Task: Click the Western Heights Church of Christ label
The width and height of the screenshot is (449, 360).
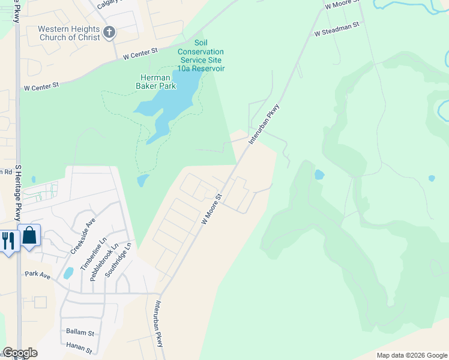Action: [70, 33]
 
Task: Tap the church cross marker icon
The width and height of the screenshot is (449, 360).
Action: [109, 32]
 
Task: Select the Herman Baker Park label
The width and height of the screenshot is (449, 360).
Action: [158, 82]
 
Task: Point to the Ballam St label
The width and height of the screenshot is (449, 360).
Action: [80, 332]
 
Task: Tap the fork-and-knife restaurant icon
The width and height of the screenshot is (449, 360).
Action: [8, 241]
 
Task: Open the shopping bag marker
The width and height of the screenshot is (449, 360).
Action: [30, 237]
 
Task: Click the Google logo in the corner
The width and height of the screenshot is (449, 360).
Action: [19, 353]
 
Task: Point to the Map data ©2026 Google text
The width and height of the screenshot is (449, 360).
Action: [411, 355]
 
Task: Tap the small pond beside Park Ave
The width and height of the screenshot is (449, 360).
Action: [68, 273]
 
